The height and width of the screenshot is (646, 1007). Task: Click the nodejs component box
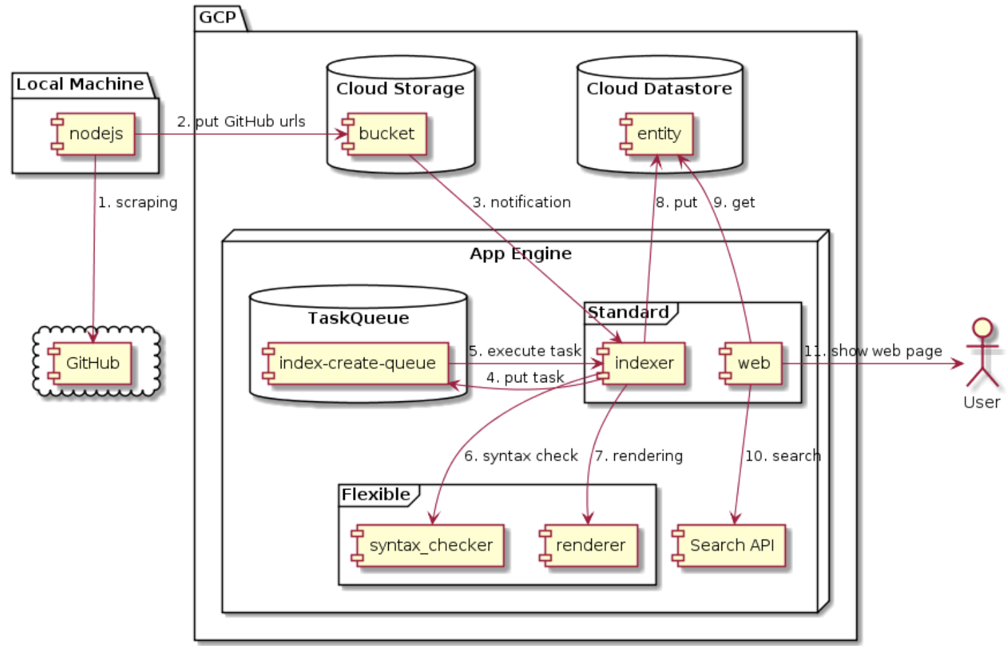point(94,134)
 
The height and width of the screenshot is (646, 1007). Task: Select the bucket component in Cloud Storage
point(384,134)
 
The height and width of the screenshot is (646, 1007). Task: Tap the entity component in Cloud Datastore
point(657,134)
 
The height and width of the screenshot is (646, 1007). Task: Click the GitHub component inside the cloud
point(90,363)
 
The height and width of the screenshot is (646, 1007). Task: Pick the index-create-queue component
point(356,363)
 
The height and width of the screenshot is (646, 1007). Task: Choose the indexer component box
point(641,363)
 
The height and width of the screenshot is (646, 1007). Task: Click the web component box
point(751,363)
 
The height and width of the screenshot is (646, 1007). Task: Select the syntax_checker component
point(429,546)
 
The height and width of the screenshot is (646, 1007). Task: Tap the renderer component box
point(589,546)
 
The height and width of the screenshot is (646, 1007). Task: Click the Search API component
point(730,546)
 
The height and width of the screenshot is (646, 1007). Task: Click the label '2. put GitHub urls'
point(241,121)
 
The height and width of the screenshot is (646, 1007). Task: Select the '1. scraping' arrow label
point(138,202)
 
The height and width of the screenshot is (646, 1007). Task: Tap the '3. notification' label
point(521,202)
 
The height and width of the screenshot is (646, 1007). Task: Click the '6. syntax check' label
point(520,456)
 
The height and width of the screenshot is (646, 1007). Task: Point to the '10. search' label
point(782,456)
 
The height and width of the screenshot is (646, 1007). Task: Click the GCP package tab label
point(217,17)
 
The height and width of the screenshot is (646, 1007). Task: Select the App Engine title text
point(520,254)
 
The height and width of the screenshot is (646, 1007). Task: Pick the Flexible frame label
point(376,494)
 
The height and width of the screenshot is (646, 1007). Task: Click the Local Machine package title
point(80,84)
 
